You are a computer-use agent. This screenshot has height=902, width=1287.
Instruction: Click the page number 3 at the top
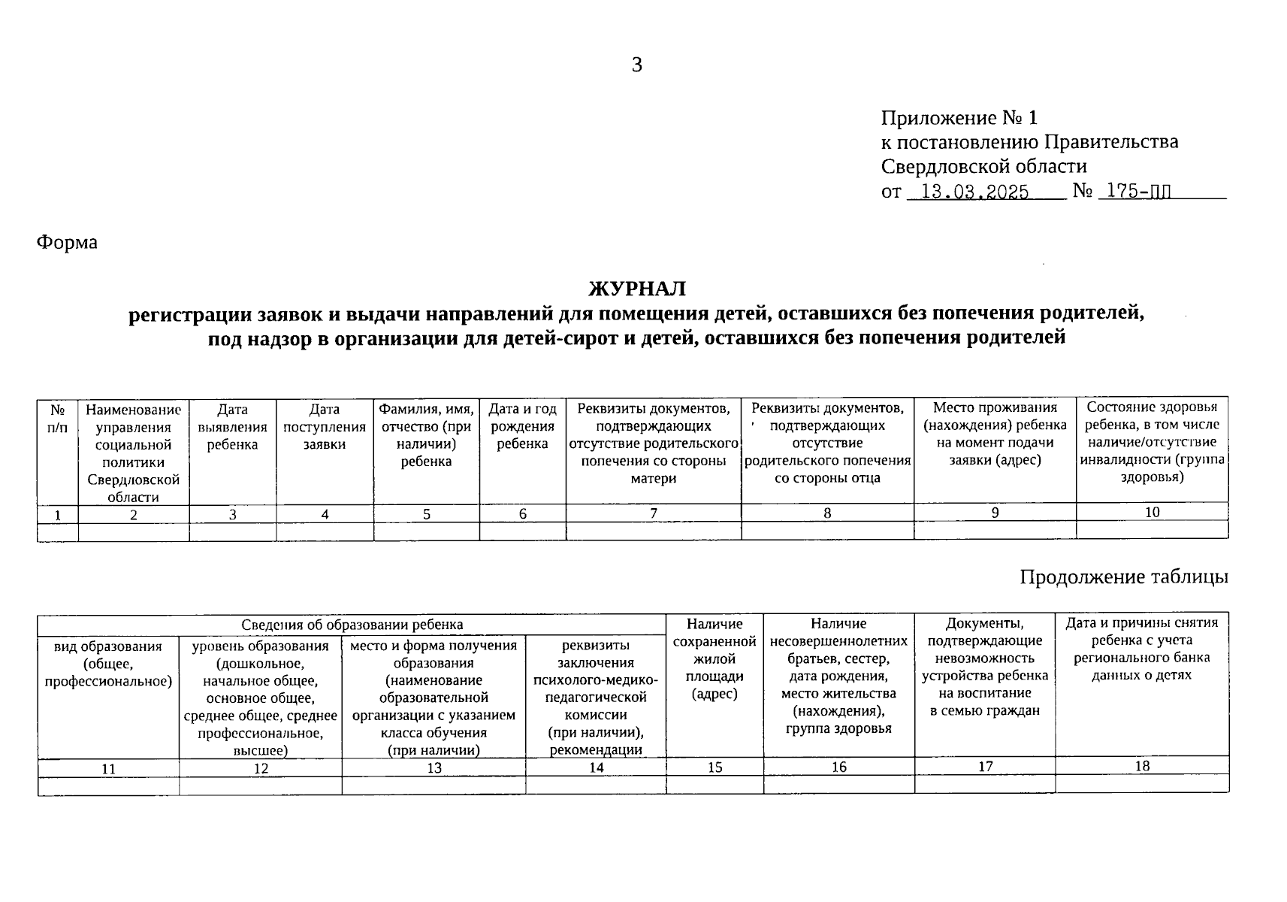[x=636, y=65]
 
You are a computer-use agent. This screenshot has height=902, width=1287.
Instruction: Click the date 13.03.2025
[x=974, y=192]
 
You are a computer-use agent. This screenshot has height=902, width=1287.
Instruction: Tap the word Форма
[x=67, y=242]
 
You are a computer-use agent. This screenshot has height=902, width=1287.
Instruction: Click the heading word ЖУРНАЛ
[x=636, y=288]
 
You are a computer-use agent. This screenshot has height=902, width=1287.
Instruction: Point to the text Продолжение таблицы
[x=1124, y=577]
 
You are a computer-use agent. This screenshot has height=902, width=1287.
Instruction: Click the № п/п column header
[x=58, y=418]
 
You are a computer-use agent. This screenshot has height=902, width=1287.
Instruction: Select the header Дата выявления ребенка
[x=232, y=427]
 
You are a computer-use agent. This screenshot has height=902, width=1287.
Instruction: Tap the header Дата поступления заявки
[x=325, y=427]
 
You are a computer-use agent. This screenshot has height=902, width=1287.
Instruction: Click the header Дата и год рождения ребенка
[x=522, y=427]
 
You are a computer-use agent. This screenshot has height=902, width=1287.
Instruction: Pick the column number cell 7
[x=653, y=513]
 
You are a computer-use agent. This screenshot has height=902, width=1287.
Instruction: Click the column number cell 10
[x=1152, y=512]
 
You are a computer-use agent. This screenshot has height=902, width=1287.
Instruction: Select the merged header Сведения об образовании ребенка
[x=352, y=625]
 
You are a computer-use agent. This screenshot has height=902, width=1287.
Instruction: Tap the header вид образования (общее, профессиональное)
[x=108, y=664]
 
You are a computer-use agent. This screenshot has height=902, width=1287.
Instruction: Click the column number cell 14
[x=596, y=767]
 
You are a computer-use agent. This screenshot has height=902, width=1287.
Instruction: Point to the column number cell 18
[x=1142, y=766]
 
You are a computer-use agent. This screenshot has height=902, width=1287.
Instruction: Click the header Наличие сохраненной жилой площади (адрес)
[x=714, y=658]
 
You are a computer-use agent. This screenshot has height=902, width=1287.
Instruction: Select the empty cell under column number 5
[x=426, y=531]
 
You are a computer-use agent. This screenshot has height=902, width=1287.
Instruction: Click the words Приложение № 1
[x=959, y=118]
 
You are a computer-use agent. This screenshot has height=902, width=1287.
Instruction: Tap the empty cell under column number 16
[x=838, y=784]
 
